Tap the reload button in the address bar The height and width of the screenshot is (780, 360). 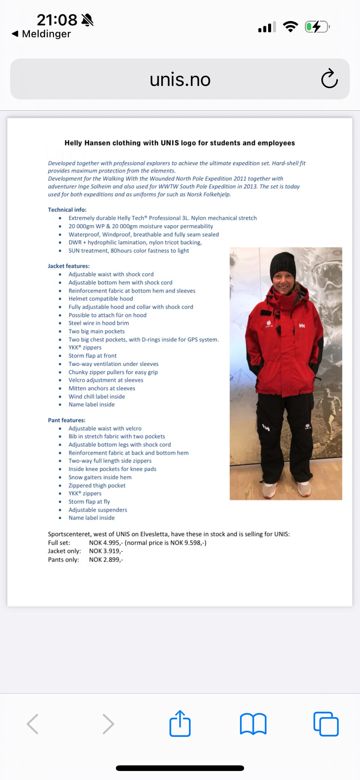coord(329,78)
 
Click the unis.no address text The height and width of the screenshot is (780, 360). coord(180,80)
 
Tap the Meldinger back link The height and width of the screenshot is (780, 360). coord(42,34)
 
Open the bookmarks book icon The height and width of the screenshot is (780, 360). coord(253,724)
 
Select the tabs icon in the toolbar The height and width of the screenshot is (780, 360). coord(326,724)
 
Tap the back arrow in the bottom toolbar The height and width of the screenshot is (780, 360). coord(33,724)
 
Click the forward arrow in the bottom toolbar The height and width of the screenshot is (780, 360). coord(108,724)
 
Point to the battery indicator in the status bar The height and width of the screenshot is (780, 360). coord(317,27)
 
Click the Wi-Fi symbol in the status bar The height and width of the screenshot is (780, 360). coord(290,27)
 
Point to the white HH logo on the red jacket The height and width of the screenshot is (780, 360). coord(302,326)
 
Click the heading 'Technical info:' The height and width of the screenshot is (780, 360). coord(67,210)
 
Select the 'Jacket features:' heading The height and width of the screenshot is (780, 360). coord(69,266)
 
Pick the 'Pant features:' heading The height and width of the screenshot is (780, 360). coord(66,420)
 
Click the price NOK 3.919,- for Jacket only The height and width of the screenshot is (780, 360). coord(106,551)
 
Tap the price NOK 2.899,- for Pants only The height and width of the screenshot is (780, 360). coord(106,559)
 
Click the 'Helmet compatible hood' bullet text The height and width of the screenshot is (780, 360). coord(100,299)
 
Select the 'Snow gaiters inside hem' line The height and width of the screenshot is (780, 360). coord(100,477)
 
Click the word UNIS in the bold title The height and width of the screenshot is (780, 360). coord(170,143)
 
